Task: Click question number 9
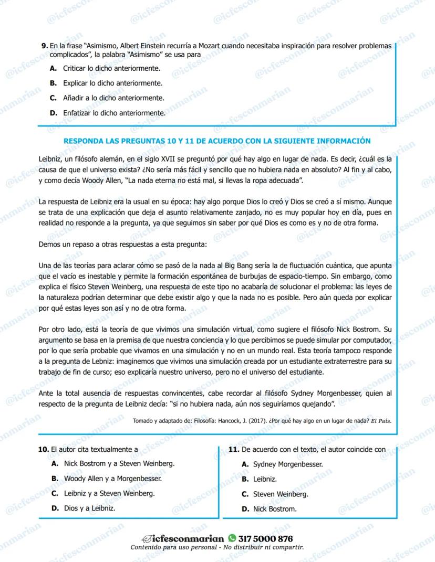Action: coord(44,46)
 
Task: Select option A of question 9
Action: coord(53,69)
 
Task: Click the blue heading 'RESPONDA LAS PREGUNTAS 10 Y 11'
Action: coord(217,141)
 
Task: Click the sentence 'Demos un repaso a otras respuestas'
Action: coord(123,245)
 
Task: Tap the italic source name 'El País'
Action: coord(381,421)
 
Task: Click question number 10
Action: coord(44,450)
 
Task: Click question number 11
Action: coord(234,450)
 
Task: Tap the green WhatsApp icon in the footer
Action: coord(232,538)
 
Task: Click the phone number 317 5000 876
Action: coord(265,538)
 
